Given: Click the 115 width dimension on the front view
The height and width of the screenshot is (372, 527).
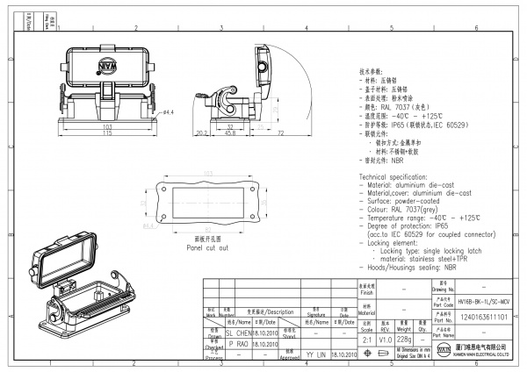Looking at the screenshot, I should coord(108,133).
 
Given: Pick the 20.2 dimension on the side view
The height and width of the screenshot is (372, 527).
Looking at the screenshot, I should coord(200,133).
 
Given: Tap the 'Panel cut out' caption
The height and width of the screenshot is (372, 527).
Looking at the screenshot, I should coord(207,248).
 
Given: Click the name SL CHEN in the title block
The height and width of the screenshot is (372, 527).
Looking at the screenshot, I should coord(239,334).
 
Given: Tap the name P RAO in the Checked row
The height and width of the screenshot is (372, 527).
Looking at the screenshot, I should coord(237,345).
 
